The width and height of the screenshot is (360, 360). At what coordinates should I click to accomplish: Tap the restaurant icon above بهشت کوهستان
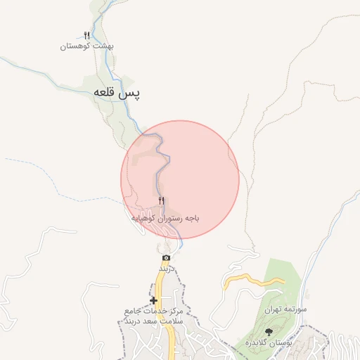tap(86, 35)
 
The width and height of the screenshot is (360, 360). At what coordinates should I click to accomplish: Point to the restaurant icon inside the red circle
tap(162, 202)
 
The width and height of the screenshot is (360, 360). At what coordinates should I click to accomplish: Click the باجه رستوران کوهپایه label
tap(166, 219)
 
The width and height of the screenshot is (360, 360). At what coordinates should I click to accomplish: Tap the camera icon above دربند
tap(166, 258)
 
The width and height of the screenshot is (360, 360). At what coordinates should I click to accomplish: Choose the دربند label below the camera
tap(165, 269)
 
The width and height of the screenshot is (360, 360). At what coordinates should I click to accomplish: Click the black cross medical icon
tap(153, 300)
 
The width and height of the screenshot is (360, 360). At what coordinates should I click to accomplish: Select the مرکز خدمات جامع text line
tap(153, 311)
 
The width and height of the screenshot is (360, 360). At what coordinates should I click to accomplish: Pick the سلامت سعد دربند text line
tap(153, 321)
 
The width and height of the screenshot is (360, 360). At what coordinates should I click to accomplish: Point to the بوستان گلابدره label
tap(269, 342)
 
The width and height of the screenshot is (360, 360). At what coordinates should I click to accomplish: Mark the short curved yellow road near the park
tap(253, 281)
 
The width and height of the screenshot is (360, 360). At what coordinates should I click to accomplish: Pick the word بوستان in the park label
tap(279, 342)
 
